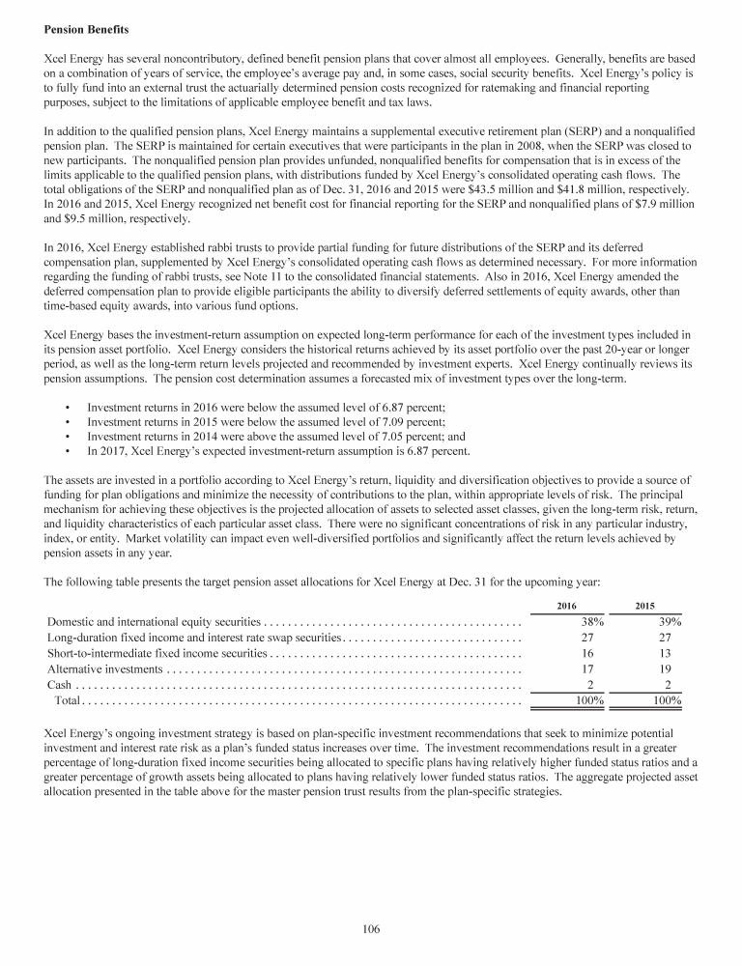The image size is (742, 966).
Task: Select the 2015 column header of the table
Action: [x=644, y=606]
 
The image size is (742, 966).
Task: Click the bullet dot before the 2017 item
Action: [x=66, y=451]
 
